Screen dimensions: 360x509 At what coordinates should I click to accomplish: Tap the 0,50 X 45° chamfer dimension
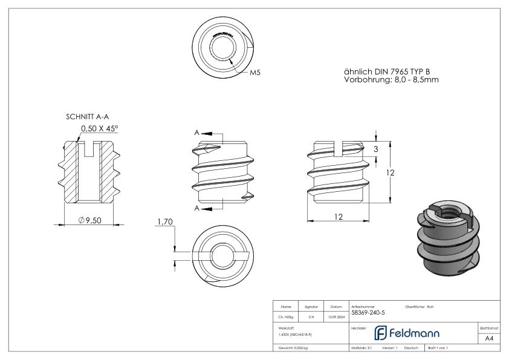[x=100, y=128]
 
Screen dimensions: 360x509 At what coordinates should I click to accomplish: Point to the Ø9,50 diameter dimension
[x=89, y=221]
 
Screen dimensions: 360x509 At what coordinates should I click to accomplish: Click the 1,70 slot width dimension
[x=164, y=222]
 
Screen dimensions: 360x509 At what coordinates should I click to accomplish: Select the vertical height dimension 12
[x=391, y=172]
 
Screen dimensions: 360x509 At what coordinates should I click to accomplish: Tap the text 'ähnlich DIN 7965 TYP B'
[x=387, y=71]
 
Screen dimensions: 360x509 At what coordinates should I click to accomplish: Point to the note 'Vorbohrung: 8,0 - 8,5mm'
[x=387, y=79]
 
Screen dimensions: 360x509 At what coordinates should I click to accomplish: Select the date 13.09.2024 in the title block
[x=335, y=316]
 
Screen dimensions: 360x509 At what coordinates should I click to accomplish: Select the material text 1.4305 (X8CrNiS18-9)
[x=294, y=334]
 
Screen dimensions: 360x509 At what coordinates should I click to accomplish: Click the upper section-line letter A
[x=197, y=133]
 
